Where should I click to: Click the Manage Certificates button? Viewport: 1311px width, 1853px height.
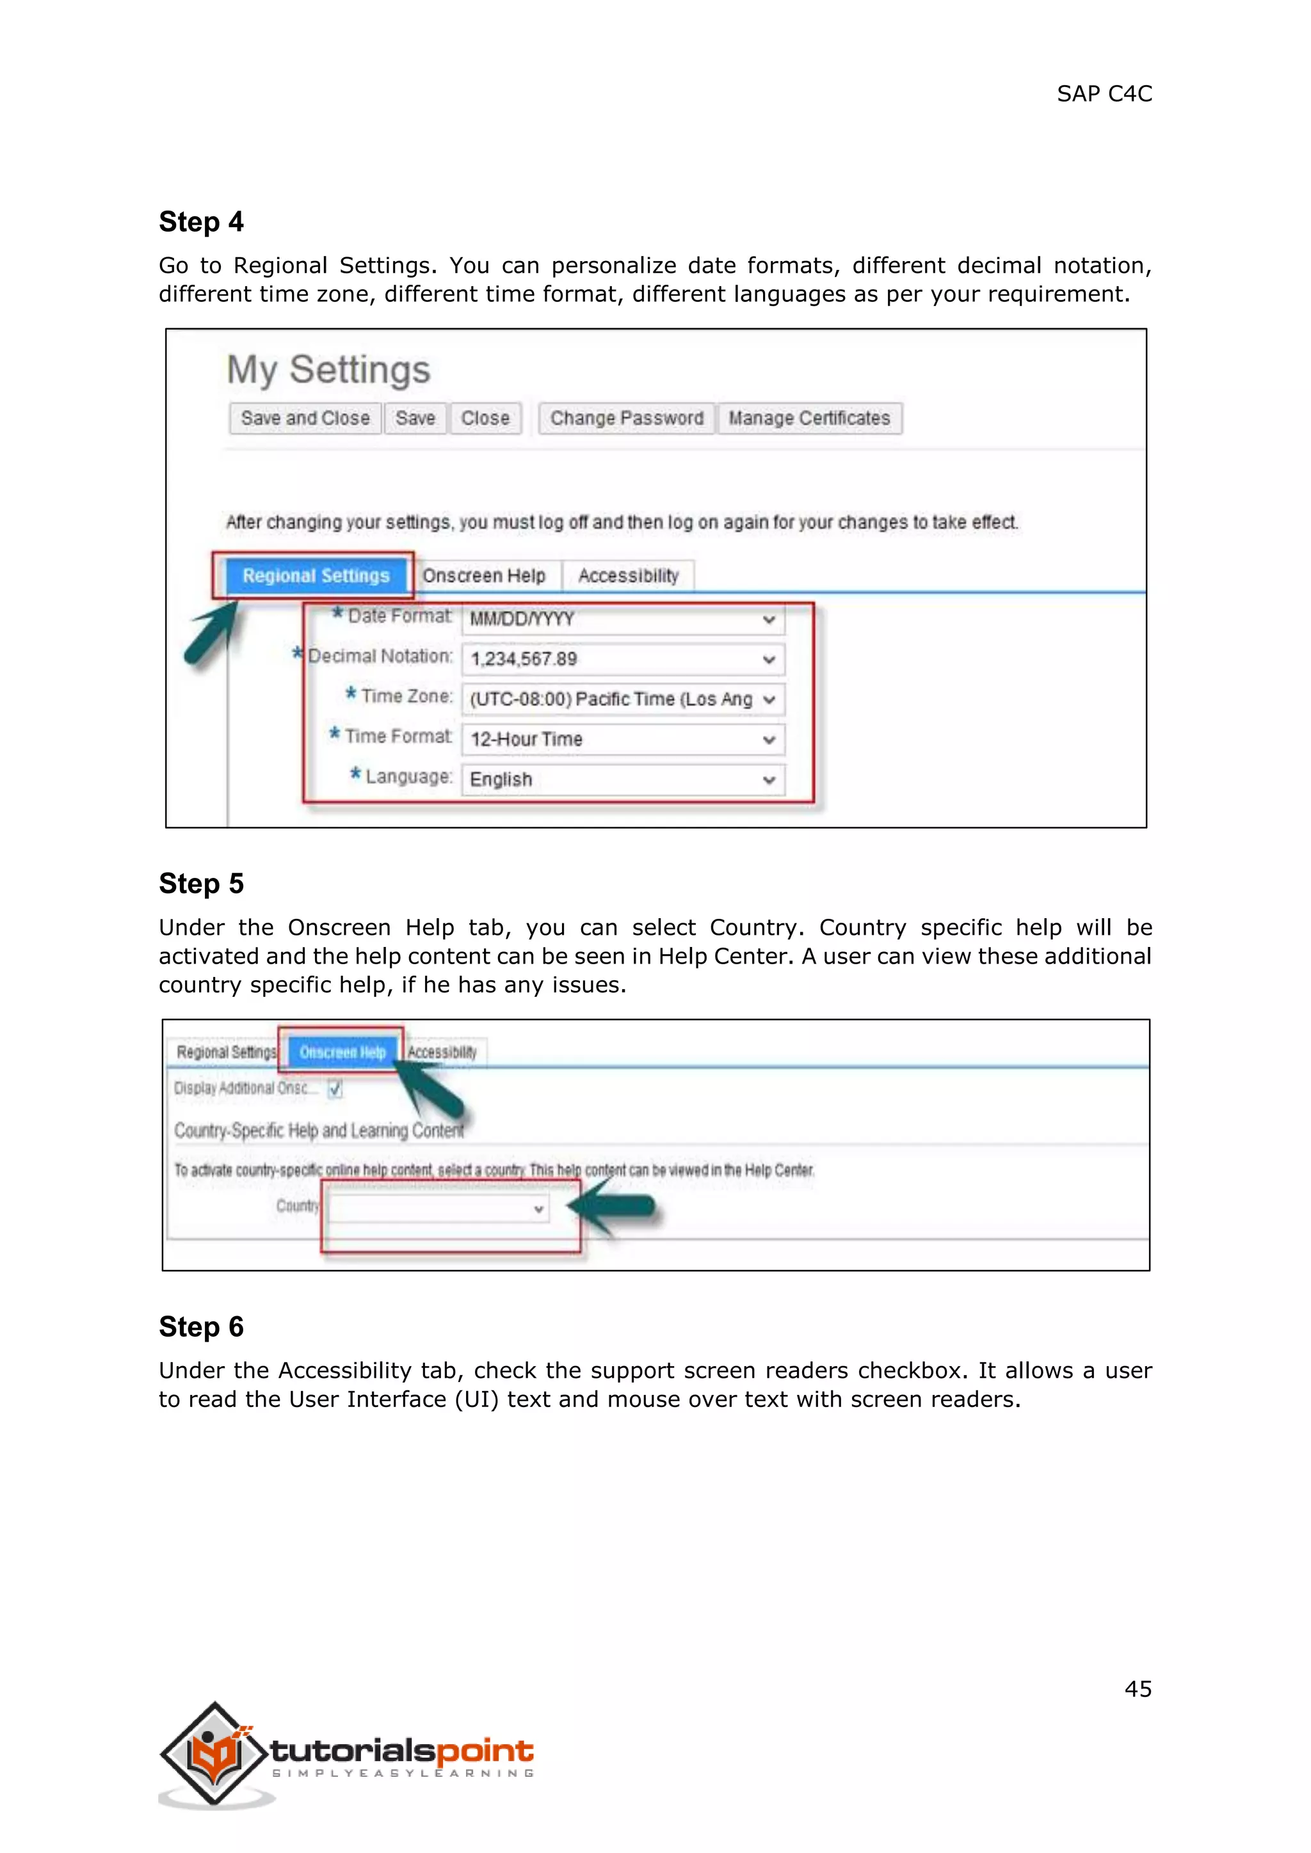tap(809, 418)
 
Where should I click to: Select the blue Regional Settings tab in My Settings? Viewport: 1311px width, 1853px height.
tap(316, 575)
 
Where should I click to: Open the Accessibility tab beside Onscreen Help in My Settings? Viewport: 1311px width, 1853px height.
tap(628, 575)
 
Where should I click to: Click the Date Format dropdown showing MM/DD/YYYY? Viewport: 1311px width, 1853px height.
tap(622, 619)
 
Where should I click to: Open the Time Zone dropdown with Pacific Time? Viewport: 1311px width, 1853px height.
tap(622, 699)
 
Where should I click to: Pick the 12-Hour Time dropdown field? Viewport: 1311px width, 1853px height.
tap(622, 739)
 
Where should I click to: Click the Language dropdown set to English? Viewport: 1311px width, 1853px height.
tap(622, 779)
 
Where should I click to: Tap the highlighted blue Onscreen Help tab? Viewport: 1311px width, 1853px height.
tap(342, 1052)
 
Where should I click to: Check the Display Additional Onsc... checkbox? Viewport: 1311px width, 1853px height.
tap(335, 1089)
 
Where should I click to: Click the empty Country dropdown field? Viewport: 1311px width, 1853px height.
tap(438, 1208)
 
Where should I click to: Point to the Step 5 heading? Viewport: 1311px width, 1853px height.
tap(201, 884)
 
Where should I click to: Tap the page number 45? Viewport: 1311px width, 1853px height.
tap(1138, 1689)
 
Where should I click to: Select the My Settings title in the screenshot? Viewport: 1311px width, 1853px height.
tap(328, 370)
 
